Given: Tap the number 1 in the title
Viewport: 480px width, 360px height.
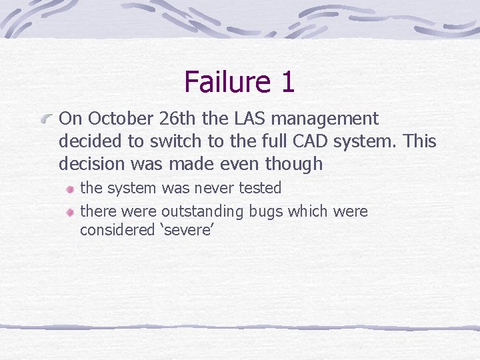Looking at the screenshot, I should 288,82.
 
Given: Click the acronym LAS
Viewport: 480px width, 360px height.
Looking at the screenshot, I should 247,119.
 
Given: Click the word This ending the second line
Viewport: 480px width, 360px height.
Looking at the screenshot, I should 420,141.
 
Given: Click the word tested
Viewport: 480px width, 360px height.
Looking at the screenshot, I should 260,189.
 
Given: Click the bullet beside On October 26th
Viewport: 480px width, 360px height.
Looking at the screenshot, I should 47,119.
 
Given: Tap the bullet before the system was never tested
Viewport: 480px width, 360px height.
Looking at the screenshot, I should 69,189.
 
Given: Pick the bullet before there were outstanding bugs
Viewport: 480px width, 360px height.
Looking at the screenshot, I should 69,213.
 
